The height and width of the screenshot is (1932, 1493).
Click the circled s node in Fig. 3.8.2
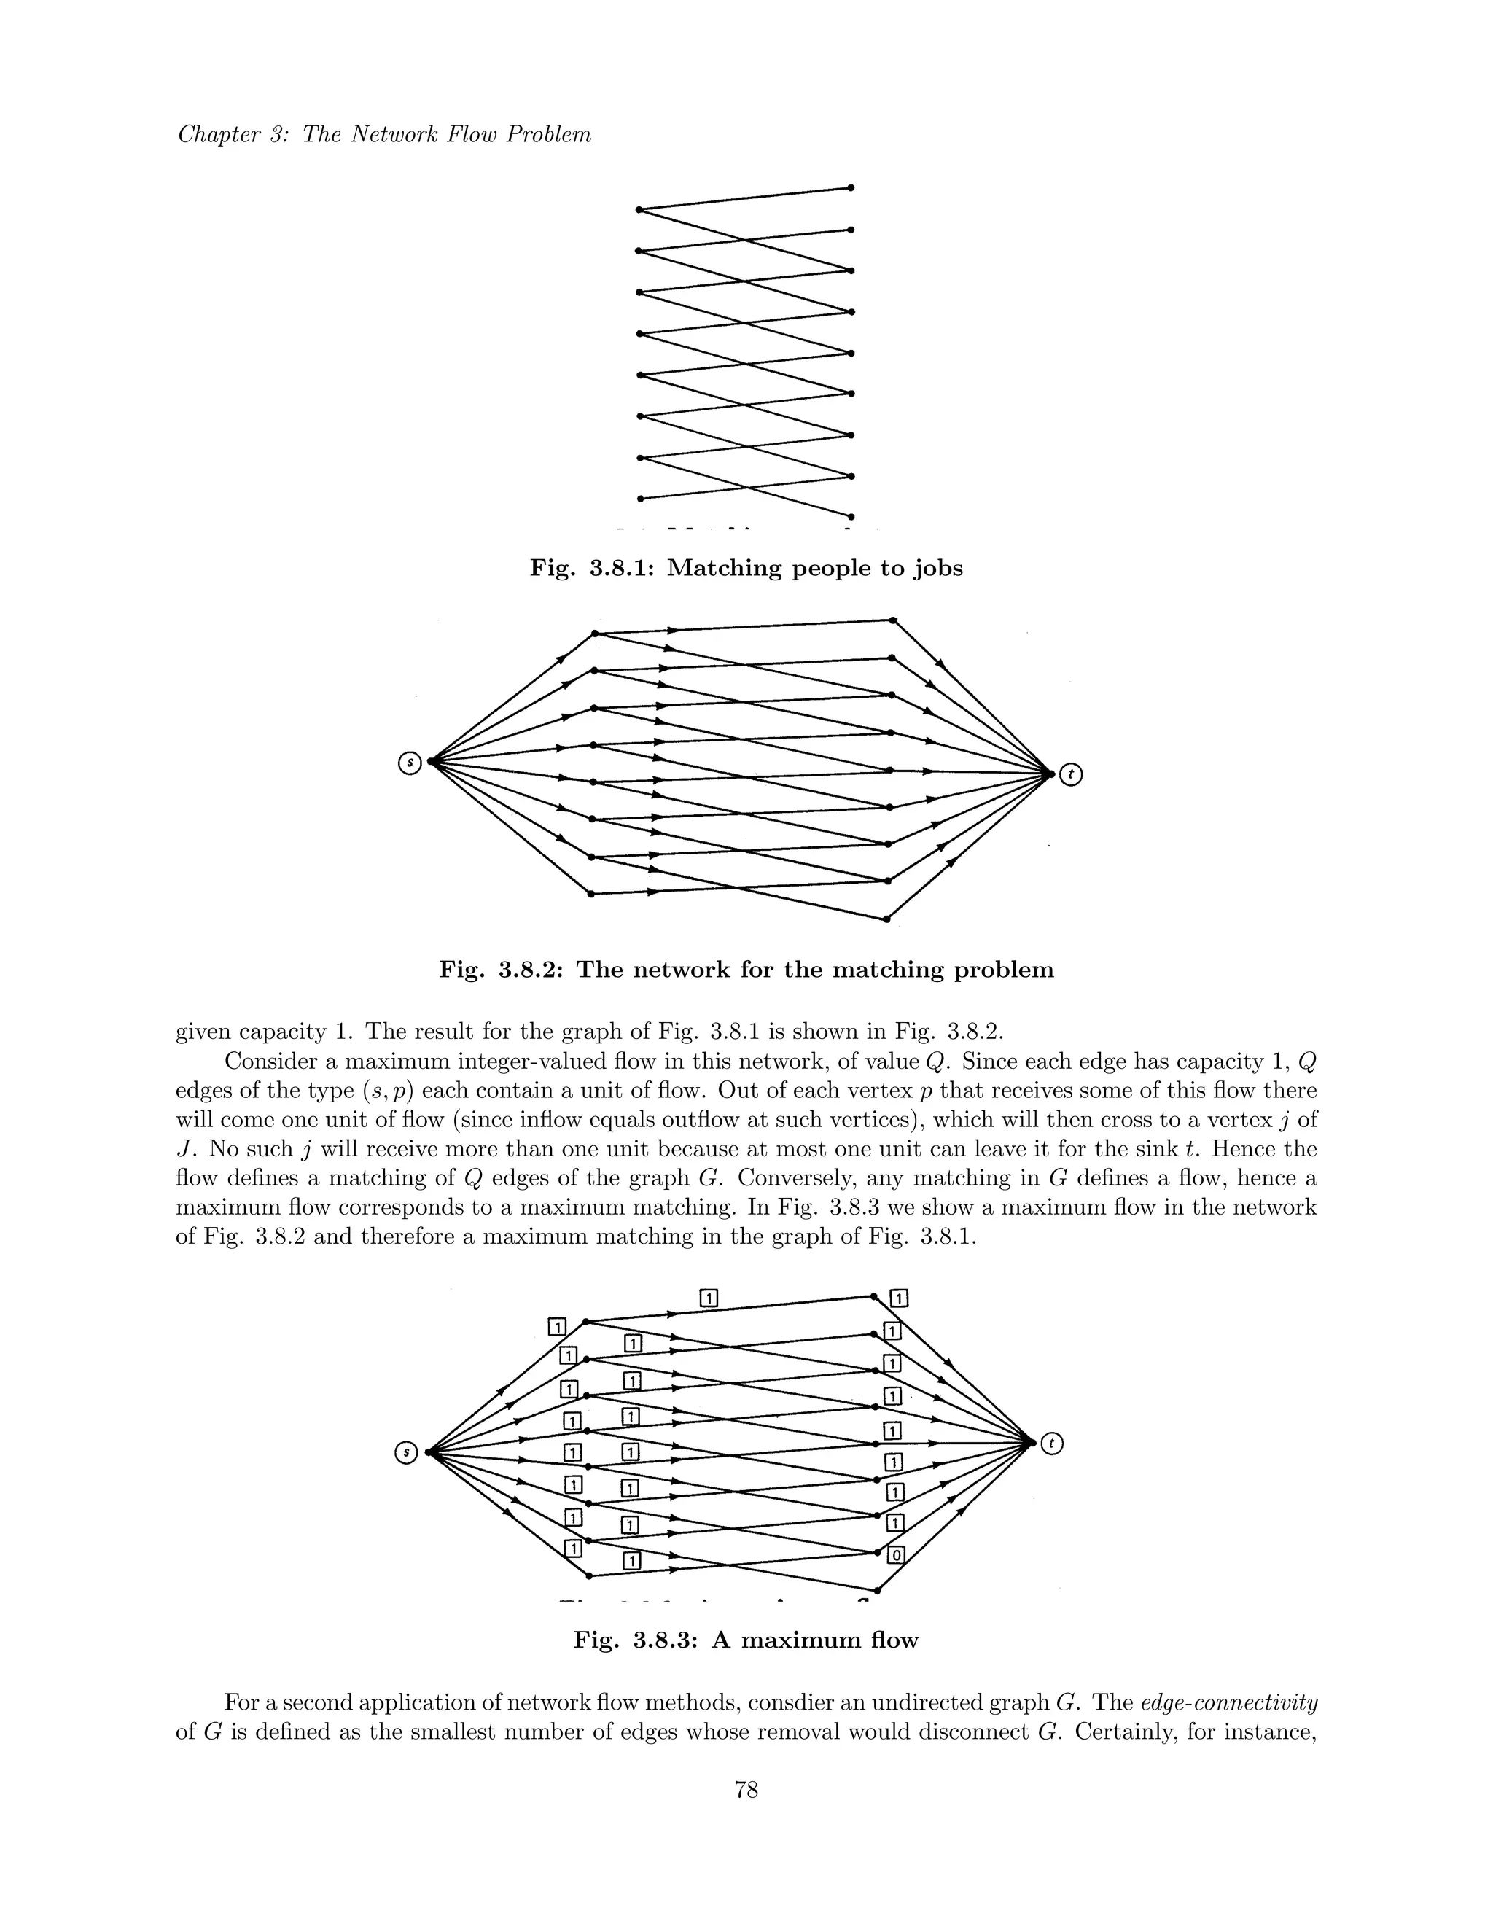coord(409,762)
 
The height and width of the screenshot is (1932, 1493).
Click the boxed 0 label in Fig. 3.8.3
coord(896,1554)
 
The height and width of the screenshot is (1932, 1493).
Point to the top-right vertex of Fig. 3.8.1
coord(851,187)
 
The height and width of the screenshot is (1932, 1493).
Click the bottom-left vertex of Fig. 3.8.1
coord(639,498)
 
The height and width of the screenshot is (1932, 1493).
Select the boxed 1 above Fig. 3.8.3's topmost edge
coord(709,1298)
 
